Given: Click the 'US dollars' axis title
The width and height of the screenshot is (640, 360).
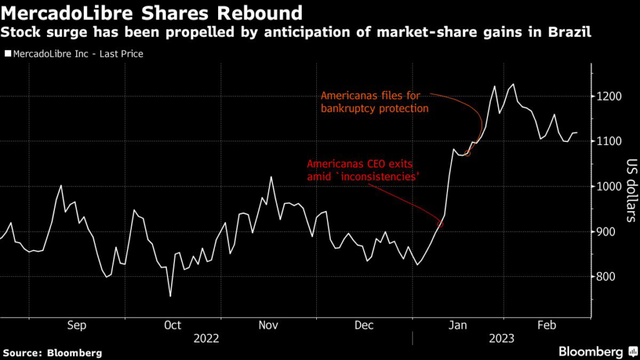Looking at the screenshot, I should [631, 190].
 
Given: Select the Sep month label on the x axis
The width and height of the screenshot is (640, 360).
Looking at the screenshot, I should [76, 325].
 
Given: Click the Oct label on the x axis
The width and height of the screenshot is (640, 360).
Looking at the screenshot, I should [172, 325].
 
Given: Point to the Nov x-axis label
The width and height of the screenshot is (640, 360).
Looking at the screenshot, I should [267, 325].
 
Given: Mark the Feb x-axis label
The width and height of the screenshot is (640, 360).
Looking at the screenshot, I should [547, 325].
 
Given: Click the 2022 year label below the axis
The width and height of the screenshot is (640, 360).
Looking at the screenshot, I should [206, 339].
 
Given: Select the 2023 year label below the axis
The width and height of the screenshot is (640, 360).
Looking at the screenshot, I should [502, 339].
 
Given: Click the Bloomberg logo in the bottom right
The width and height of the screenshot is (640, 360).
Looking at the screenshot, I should [591, 351].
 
